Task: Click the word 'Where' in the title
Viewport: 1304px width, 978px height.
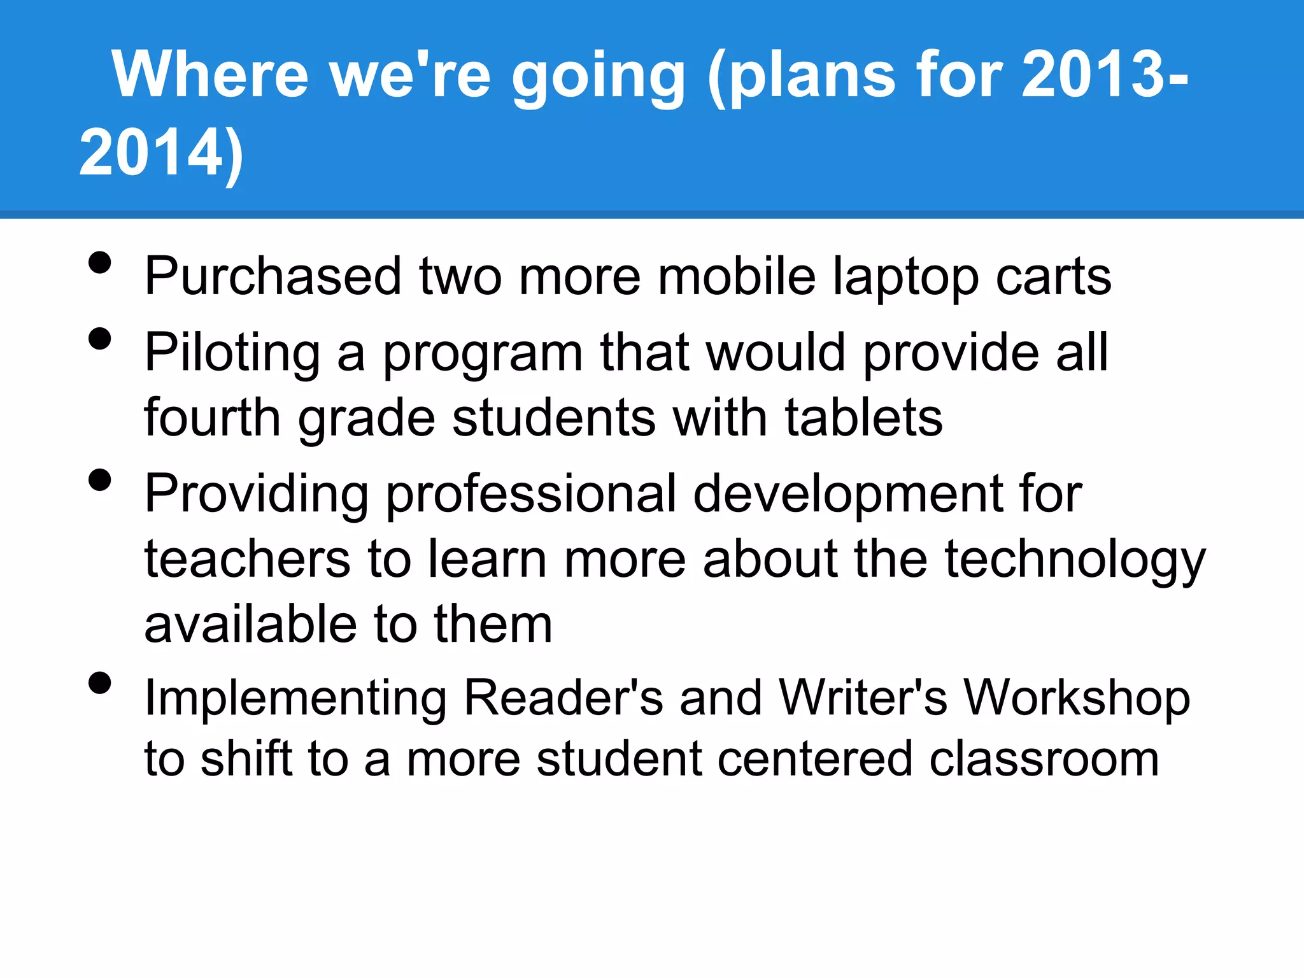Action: [210, 74]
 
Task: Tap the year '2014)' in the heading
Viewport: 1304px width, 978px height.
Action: [161, 153]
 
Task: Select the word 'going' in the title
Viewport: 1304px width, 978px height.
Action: [599, 78]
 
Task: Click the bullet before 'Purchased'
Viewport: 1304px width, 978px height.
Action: [100, 262]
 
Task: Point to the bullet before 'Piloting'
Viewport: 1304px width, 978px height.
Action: [100, 339]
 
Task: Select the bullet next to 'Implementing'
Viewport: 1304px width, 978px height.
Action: [100, 683]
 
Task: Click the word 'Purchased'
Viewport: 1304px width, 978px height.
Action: [273, 277]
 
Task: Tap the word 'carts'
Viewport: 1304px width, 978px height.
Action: [1054, 277]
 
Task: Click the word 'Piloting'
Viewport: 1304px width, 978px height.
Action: [232, 354]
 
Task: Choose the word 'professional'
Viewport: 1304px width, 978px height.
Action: [531, 495]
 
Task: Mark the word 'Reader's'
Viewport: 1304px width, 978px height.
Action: [563, 698]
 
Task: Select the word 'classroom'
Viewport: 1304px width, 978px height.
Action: [1044, 759]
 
